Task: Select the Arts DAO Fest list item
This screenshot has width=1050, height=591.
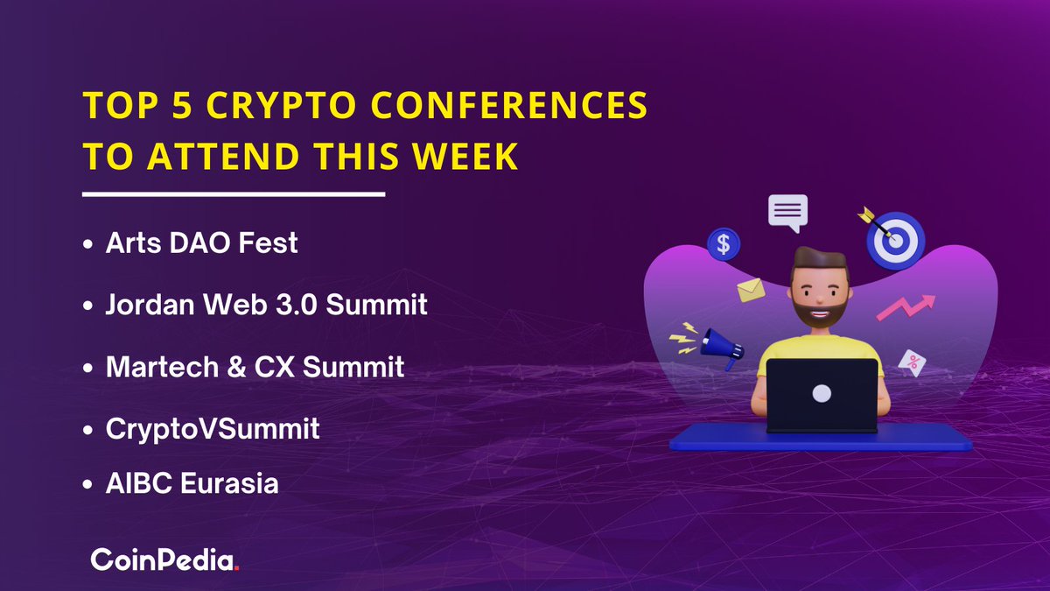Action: point(201,243)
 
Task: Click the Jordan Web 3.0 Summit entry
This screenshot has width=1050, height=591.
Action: point(266,305)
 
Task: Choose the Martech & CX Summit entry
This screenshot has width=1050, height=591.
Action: point(255,367)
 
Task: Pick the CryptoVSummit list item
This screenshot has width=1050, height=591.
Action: point(213,429)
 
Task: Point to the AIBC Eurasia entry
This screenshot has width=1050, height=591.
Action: point(192,483)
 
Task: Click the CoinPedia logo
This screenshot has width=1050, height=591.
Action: point(165,560)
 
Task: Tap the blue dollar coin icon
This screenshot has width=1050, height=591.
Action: point(724,245)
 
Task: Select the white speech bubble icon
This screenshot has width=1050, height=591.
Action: point(787,212)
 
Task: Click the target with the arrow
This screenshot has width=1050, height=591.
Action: point(893,238)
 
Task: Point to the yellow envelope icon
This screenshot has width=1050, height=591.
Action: point(750,290)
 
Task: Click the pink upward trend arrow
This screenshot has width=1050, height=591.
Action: point(906,307)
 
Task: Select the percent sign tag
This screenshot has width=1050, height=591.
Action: point(913,362)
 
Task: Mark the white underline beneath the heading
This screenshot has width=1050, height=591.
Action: point(234,193)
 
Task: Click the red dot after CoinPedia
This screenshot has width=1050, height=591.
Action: point(237,568)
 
